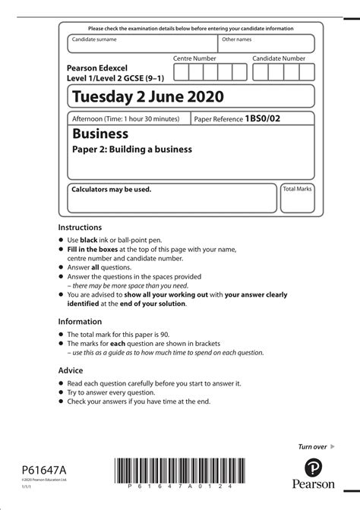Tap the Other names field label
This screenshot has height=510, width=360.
point(236,38)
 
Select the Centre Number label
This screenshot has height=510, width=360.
point(194,58)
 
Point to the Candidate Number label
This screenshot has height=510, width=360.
point(279,58)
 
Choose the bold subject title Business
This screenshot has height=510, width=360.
point(100,134)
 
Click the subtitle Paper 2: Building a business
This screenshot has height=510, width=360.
point(132,150)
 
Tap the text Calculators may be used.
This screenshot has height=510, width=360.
point(111,189)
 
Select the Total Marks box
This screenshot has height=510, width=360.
point(298,197)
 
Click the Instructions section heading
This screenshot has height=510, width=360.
point(80,227)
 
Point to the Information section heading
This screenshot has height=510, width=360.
point(81,321)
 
